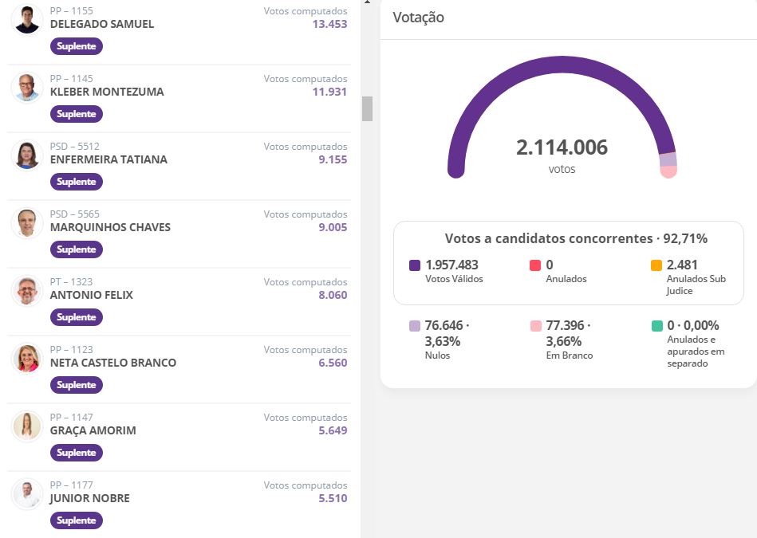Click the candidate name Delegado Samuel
[102, 24]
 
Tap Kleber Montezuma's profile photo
[27, 88]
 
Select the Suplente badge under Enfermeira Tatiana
[77, 182]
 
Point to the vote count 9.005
[333, 227]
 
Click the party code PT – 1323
[71, 282]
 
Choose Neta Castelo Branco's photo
[27, 359]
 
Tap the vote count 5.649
[333, 430]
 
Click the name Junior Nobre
[90, 498]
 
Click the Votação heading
[418, 18]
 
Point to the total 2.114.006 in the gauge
[562, 147]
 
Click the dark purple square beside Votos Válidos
[415, 265]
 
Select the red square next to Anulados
[535, 265]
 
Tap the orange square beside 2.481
[656, 265]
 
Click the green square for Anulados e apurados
[657, 326]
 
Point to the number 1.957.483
[451, 265]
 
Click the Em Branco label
[570, 355]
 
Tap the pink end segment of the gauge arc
[668, 171]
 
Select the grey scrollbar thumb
[368, 108]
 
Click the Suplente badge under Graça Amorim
[77, 453]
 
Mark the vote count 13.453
[329, 24]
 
